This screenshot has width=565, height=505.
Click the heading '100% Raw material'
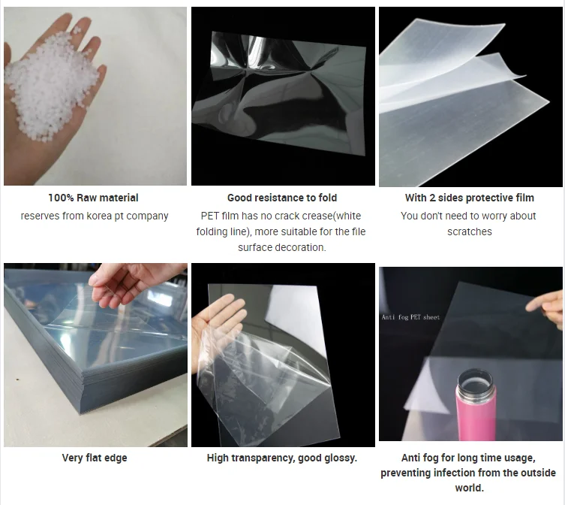tap(93, 198)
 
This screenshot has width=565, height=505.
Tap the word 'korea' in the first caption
tap(99, 216)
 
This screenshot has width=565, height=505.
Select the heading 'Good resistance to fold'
tap(282, 198)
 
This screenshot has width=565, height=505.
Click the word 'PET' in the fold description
tap(210, 216)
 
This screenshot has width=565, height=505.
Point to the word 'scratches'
tap(470, 231)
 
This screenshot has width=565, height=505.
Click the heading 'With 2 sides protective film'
tap(470, 198)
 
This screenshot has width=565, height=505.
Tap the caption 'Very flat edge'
tap(95, 458)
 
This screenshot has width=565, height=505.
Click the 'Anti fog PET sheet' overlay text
tap(410, 317)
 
